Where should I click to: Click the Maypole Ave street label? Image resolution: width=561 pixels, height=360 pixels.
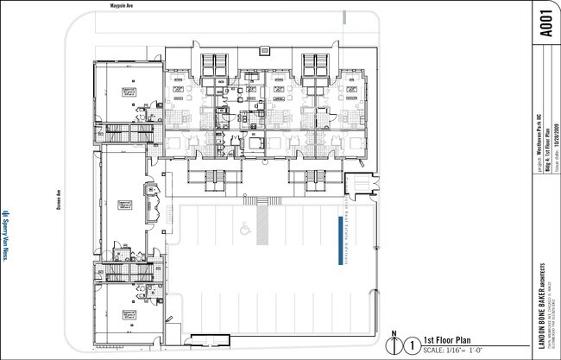coord(123,5)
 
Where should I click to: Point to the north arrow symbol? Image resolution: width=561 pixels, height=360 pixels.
coord(394,343)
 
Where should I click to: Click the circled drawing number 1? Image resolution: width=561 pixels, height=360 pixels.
coord(412,344)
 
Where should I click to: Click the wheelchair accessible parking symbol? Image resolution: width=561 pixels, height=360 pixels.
coord(244,228)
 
